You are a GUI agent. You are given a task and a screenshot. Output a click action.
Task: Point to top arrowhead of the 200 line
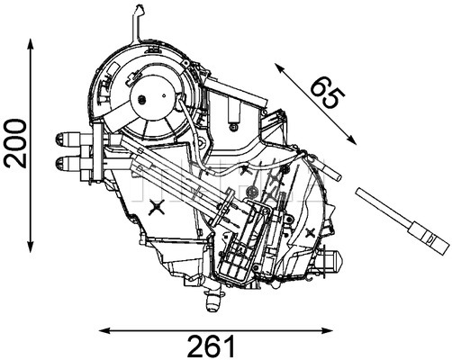pos(32,43)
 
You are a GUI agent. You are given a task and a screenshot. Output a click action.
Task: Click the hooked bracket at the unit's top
pos(134,19)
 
